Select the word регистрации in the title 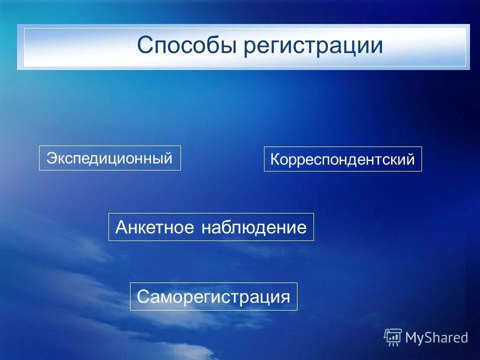tap(313, 46)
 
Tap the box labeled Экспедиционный tap(109, 158)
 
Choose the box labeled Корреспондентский tap(342, 159)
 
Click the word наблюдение tap(254, 227)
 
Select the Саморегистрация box tap(213, 296)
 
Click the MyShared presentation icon tap(393, 337)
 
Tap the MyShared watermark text tap(436, 337)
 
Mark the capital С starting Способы tap(145, 46)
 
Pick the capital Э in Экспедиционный tap(51, 158)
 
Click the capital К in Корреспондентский tap(275, 160)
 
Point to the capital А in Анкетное tap(121, 227)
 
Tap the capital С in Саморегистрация tap(143, 296)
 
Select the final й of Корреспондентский tap(410, 159)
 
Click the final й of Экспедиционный tap(168, 158)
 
